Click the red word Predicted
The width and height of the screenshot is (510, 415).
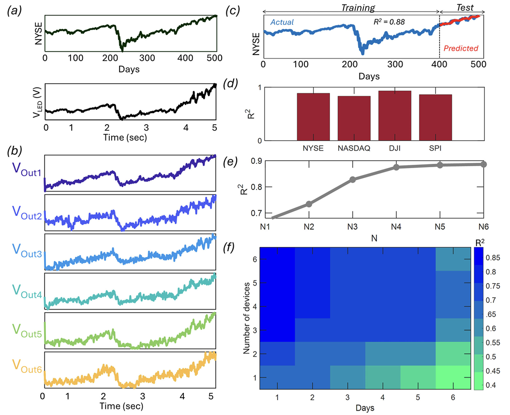point(461,48)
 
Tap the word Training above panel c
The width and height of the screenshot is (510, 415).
point(358,8)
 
